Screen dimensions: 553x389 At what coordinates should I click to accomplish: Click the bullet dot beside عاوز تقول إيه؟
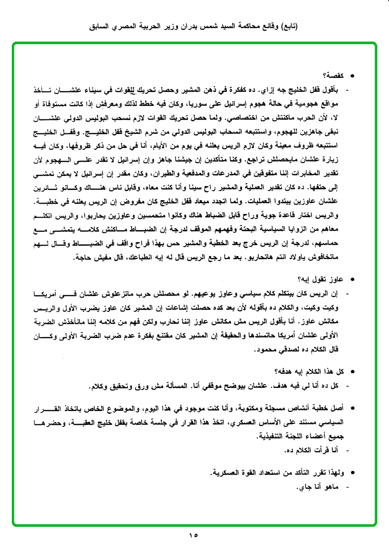point(352,280)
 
